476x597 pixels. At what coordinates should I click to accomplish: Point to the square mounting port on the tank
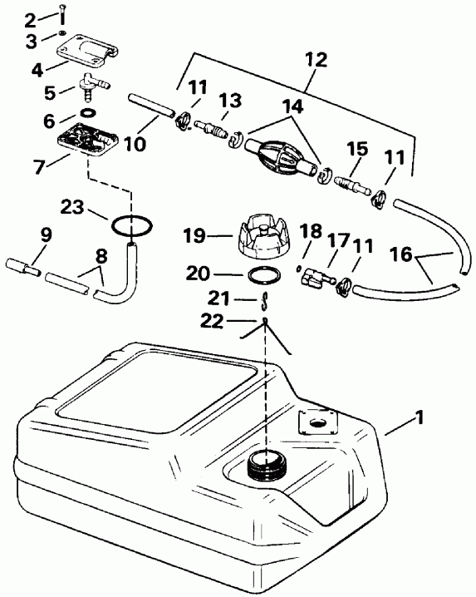point(315,423)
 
